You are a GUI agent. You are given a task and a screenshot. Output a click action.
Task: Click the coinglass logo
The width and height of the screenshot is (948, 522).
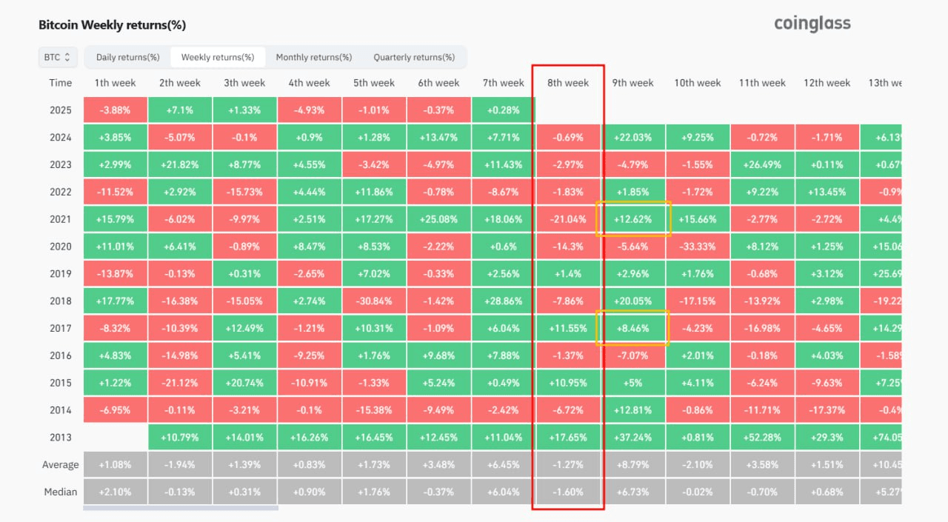point(812,24)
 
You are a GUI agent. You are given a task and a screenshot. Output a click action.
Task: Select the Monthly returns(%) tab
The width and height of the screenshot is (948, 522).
point(313,57)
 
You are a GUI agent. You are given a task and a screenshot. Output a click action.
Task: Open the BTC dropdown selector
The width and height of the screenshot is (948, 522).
point(57,57)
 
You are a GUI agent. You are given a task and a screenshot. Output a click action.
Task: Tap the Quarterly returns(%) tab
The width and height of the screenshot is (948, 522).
point(414,57)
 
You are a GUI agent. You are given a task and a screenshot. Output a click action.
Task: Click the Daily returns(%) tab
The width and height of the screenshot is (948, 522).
point(127,57)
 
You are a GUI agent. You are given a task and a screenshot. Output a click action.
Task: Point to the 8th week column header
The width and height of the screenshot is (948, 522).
point(568,83)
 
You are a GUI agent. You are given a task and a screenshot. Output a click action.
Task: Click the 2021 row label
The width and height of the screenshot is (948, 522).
point(61,219)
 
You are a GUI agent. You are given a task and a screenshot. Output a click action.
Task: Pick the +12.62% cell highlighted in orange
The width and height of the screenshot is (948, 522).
point(633,219)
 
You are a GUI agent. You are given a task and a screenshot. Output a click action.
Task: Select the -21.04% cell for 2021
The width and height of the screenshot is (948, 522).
point(568,219)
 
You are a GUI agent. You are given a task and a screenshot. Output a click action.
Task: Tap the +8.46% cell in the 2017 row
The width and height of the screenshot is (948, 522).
point(633,328)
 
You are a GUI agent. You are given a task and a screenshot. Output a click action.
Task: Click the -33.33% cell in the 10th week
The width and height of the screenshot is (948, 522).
point(698,247)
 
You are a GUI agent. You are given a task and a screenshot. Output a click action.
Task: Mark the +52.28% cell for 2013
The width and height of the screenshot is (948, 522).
point(762,437)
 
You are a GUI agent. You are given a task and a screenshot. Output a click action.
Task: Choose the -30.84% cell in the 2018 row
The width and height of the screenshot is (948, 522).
point(374,301)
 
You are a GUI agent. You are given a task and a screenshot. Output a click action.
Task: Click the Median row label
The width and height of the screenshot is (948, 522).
point(61,492)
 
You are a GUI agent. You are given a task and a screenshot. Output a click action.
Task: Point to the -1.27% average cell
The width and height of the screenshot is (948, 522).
point(568,464)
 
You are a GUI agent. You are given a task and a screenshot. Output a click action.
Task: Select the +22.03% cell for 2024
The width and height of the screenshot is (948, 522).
point(633,137)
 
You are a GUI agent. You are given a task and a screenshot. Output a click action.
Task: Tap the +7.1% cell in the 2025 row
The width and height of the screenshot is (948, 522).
point(179,110)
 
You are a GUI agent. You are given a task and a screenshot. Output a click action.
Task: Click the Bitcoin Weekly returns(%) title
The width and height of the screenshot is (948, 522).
point(112,25)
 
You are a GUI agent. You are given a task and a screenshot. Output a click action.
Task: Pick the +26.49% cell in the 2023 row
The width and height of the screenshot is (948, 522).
point(762,164)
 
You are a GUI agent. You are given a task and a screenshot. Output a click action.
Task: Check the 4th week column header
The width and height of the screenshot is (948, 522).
point(309,83)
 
